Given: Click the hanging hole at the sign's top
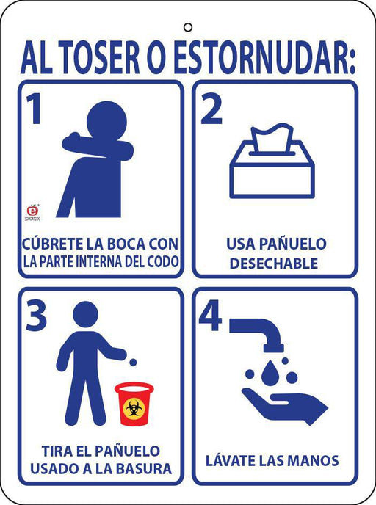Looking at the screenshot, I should click(188, 27).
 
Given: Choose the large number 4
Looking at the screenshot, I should click(210, 316).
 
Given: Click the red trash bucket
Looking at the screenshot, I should click(132, 403).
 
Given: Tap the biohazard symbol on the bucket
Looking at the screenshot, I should click(132, 407).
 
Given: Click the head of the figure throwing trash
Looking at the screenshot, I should click(86, 315).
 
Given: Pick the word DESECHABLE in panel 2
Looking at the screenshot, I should click(272, 263).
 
